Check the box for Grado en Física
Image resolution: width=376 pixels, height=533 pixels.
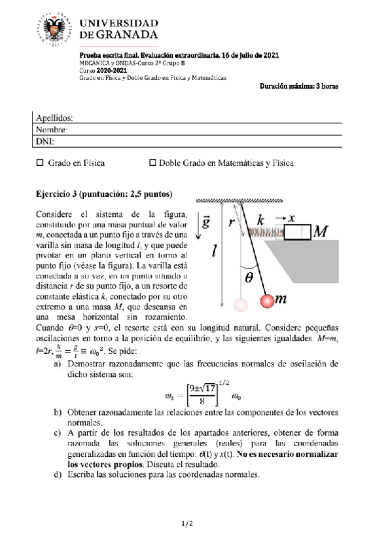40,163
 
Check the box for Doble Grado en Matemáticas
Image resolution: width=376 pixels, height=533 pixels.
152,163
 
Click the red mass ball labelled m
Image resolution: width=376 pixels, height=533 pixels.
268,300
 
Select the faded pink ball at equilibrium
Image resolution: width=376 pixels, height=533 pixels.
241,305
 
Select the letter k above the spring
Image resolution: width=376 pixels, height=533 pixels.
262,219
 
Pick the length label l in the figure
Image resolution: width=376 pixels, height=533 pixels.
214,251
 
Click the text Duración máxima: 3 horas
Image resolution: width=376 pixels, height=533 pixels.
299,86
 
